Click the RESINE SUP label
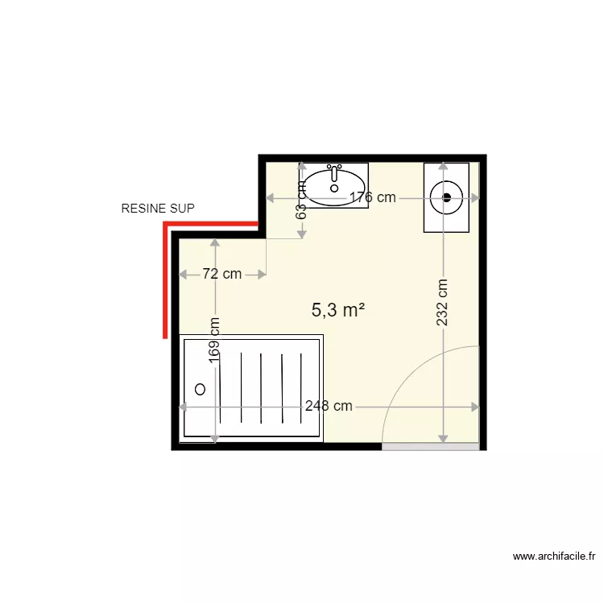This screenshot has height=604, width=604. point(157,209)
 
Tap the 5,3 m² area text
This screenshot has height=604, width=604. point(338,308)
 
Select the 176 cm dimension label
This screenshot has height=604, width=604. point(372,197)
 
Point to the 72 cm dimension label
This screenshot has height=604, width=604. point(221,274)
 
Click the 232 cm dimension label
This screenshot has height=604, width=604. point(442,302)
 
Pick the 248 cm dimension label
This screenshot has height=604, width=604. point(329,406)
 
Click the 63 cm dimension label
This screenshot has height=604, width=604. point(302,201)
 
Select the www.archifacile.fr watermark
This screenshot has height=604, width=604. point(556,556)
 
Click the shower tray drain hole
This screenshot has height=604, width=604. point(200,389)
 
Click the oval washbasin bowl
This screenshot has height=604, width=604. point(334,185)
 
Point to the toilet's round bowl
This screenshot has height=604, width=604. point(446,197)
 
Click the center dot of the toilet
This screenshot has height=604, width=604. point(446,197)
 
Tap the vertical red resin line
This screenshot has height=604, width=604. point(165,282)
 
